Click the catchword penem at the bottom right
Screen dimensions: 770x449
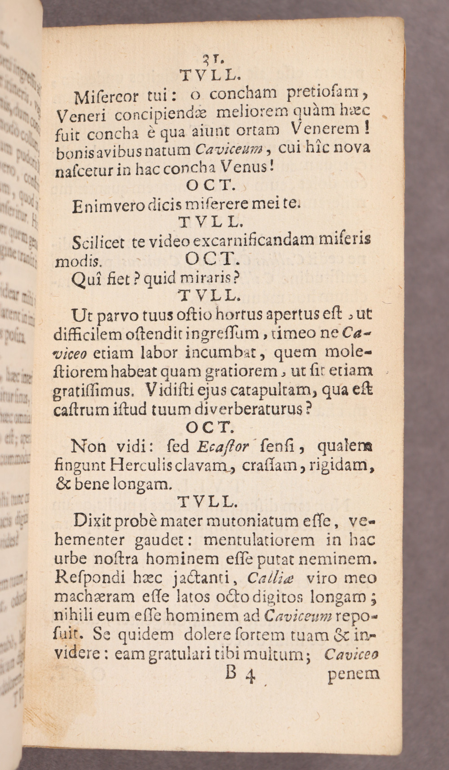[x=353, y=674]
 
